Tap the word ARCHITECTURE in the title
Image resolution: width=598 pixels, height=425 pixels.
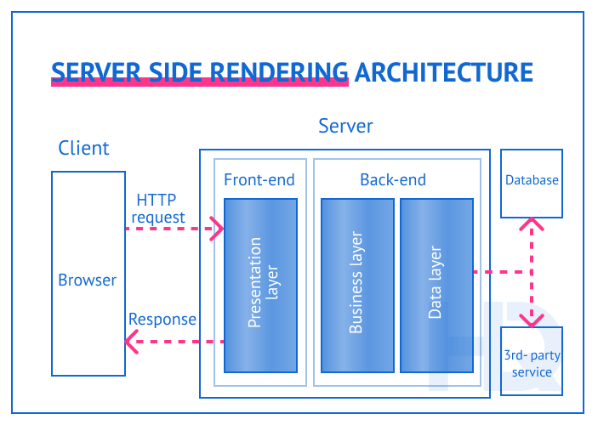[443, 71]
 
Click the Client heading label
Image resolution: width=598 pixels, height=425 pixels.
[83, 148]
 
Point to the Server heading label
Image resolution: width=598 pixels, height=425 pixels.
[345, 127]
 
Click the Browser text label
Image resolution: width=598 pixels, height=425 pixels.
[87, 280]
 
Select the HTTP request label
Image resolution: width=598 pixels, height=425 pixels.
[157, 209]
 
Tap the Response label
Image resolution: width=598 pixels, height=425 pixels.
[162, 320]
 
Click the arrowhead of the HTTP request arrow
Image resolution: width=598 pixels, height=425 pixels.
[219, 229]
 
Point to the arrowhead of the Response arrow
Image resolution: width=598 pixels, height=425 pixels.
[130, 343]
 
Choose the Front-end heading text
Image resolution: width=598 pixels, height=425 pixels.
[259, 179]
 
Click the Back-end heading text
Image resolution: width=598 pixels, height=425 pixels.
[393, 179]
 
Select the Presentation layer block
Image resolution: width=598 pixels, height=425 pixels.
[260, 286]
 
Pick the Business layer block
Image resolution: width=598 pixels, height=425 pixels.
[357, 286]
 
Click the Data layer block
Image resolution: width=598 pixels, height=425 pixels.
[436, 286]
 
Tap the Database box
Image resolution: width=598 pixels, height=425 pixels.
[532, 182]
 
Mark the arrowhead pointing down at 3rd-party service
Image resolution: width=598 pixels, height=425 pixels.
[533, 321]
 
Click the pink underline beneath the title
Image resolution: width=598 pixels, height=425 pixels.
[200, 82]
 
